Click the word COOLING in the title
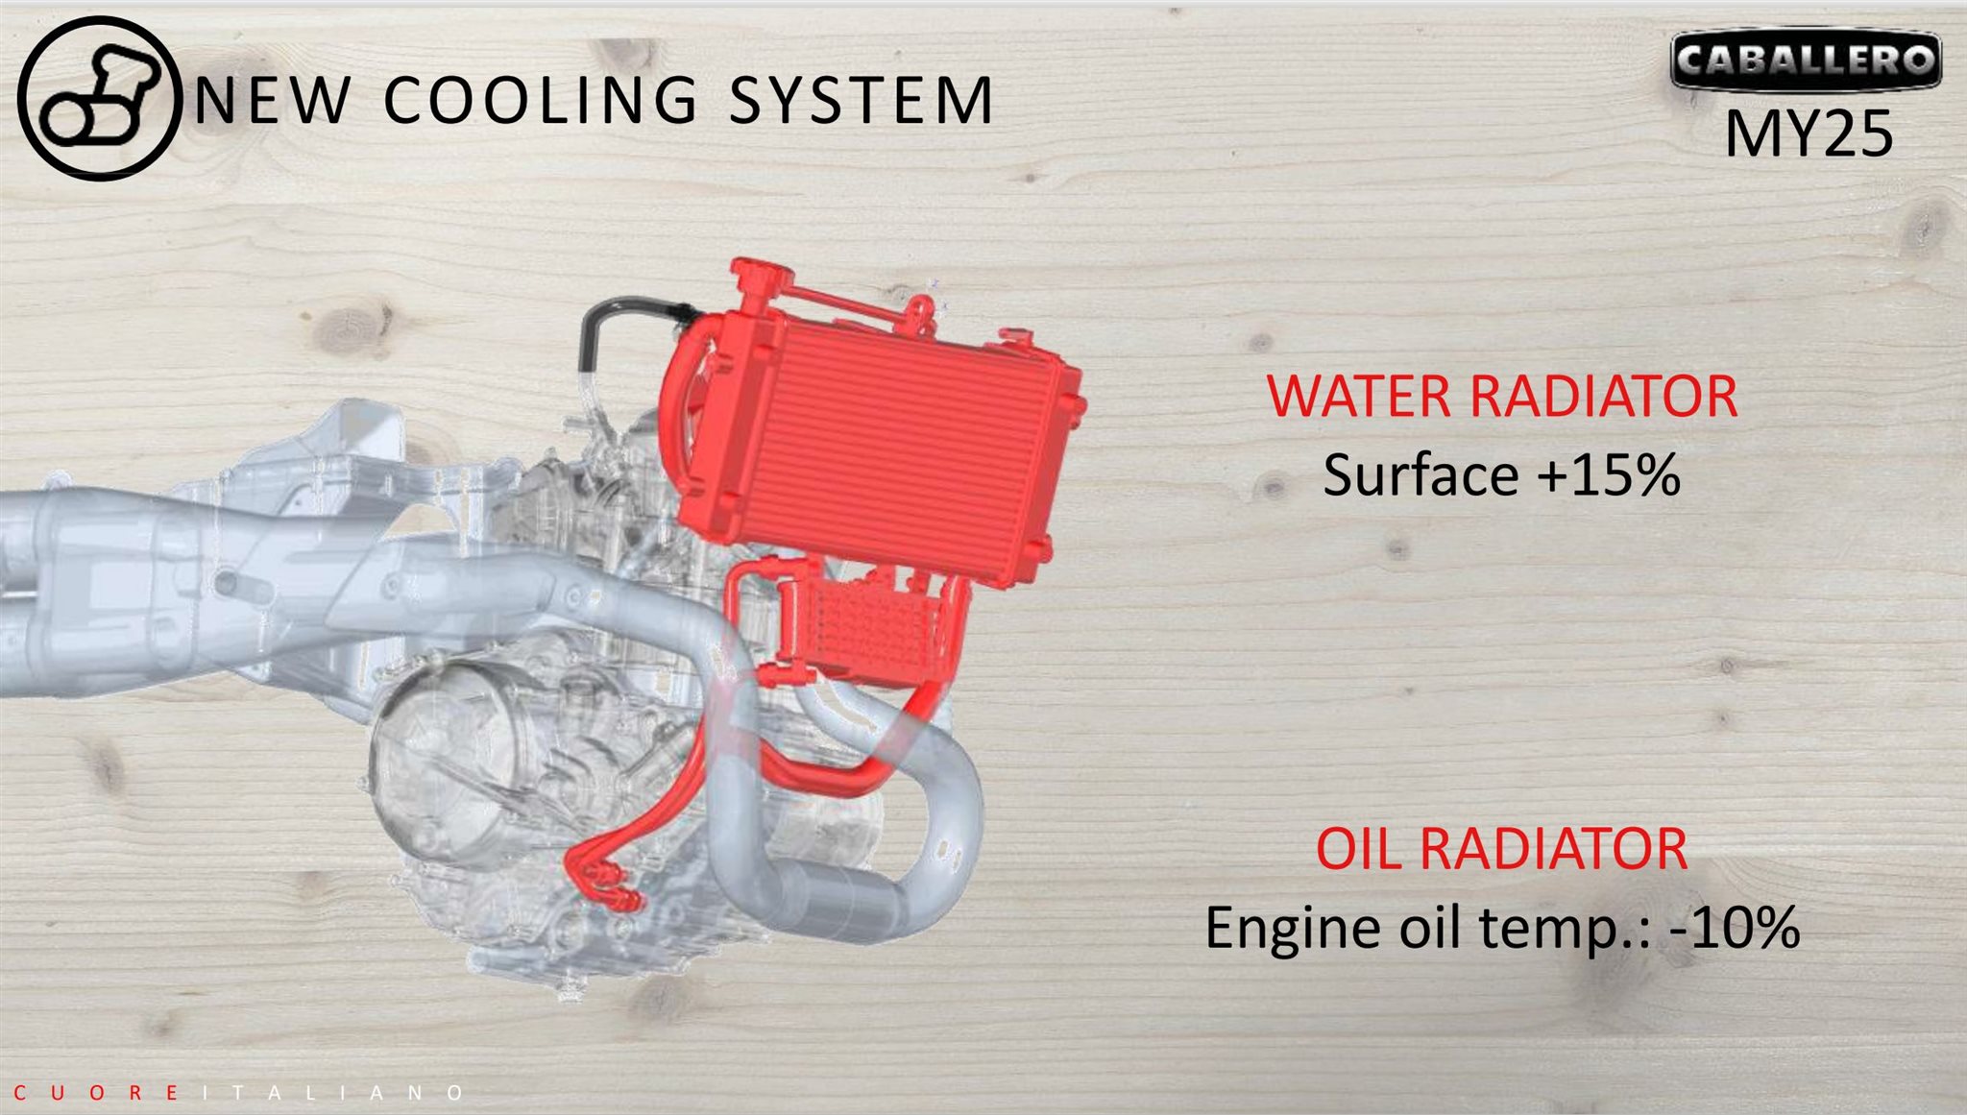541,100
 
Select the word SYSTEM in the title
861,100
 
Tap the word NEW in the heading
272,100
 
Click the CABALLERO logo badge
1806,60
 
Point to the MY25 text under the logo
1809,133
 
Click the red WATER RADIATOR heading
1501,396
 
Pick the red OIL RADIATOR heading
1501,848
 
